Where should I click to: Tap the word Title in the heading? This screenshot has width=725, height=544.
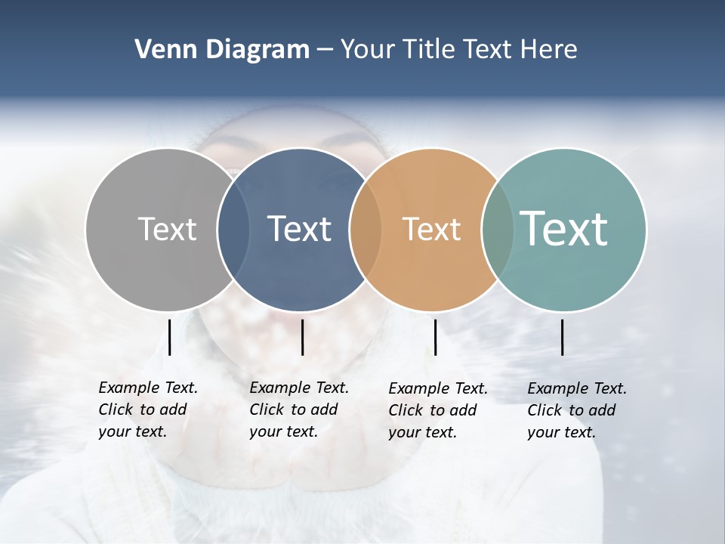pos(429,50)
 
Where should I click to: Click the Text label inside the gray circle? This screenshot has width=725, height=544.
pos(167,229)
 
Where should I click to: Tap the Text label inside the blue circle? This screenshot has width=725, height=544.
pos(300,229)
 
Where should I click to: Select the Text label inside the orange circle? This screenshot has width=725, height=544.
pos(431,229)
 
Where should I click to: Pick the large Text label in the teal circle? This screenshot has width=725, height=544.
pos(564,229)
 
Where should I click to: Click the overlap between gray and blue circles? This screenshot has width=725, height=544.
pos(233,229)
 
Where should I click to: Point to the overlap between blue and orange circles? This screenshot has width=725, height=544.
pos(365,229)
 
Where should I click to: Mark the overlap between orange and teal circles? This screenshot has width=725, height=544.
pos(497,229)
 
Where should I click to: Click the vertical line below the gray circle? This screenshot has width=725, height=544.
pos(169,337)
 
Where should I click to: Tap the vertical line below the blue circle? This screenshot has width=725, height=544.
pos(302,337)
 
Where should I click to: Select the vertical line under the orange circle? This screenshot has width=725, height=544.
pos(435,337)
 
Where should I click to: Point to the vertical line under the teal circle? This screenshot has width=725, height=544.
pos(562,337)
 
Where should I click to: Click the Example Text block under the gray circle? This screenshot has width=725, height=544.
pos(147,410)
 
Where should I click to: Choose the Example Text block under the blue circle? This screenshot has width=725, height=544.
pos(298,410)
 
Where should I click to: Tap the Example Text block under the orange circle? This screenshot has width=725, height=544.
pos(437,410)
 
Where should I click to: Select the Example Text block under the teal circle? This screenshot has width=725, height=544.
pos(576,410)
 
